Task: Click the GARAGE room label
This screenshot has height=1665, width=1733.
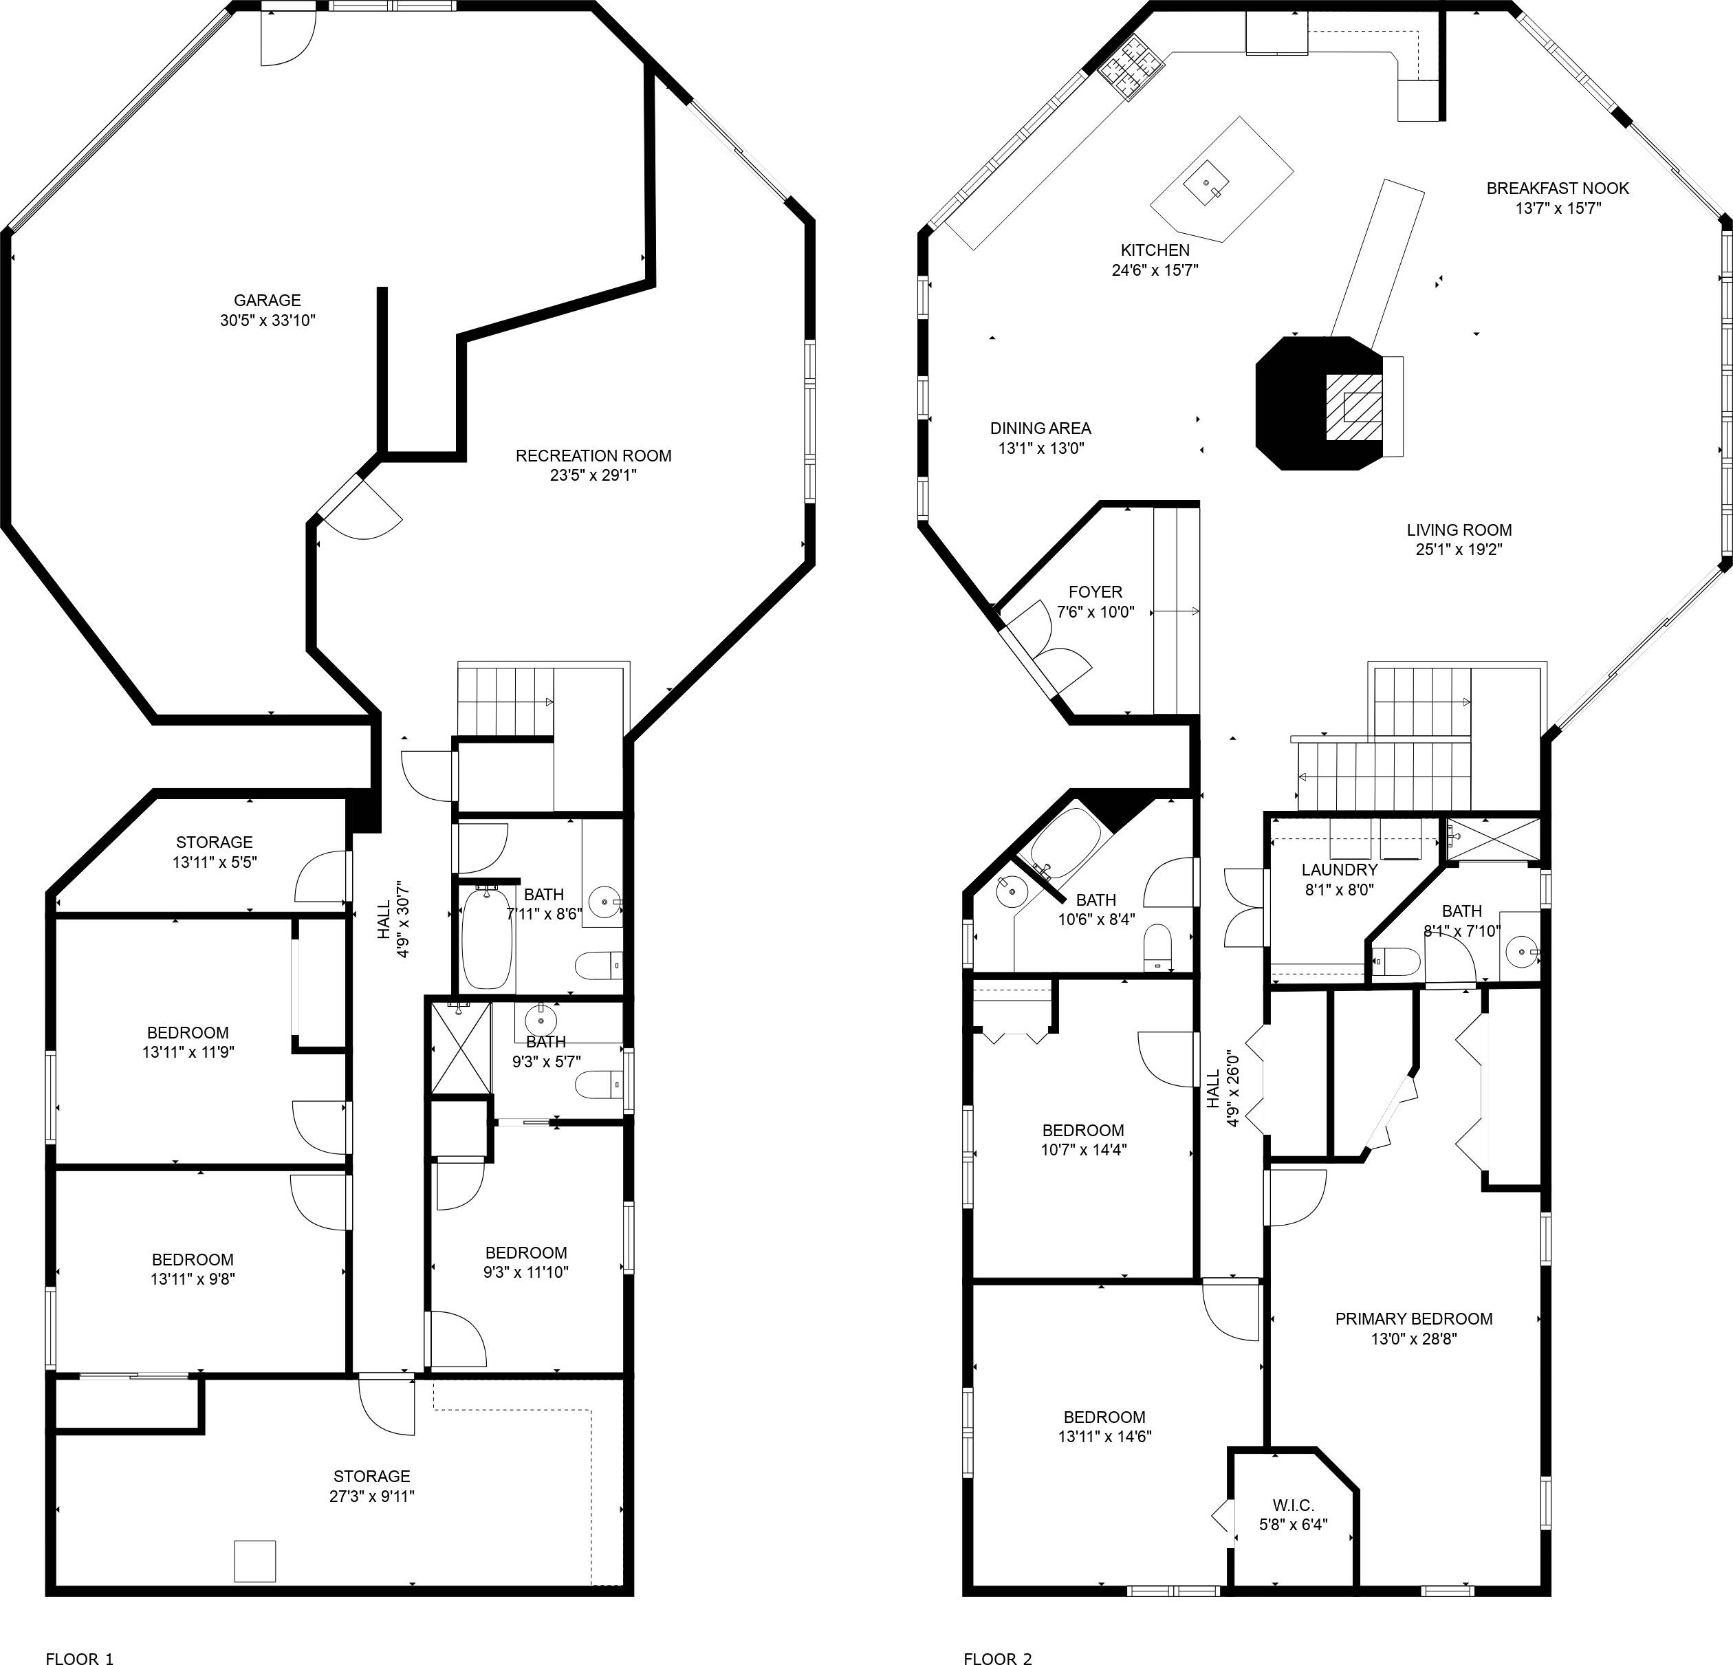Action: pos(267,301)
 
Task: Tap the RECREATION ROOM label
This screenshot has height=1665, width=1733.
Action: pos(593,455)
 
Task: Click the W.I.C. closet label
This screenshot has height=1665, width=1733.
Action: pos(1294,1505)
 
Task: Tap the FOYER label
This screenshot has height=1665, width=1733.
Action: pos(1096,591)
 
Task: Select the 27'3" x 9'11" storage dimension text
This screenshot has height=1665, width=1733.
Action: pos(371,1496)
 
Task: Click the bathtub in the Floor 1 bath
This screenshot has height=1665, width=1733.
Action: pos(486,938)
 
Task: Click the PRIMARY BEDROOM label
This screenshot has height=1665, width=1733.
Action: pos(1414,1318)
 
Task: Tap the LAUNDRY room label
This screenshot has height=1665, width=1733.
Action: pos(1339,870)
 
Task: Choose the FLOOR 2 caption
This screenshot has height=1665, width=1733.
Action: pos(997,1635)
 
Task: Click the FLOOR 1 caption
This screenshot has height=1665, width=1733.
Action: pos(80,1635)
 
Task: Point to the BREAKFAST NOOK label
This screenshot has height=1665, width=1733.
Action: pos(1557,188)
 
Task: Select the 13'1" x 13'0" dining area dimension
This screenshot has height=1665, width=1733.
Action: pos(1040,448)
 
